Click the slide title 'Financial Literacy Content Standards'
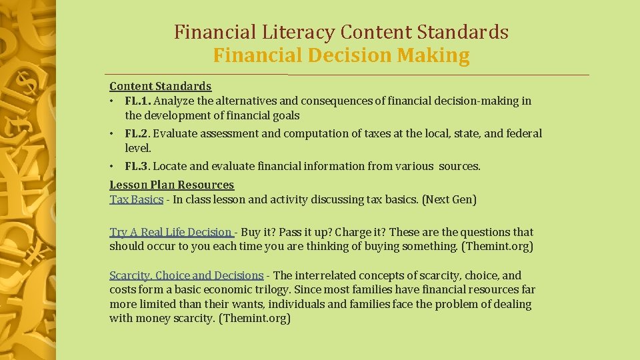pos(341,32)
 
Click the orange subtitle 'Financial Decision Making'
pos(341,55)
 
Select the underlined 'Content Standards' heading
pos(160,86)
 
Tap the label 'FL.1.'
pos(137,101)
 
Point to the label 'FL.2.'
pos(137,133)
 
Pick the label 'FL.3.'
pos(137,166)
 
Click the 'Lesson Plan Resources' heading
pos(171,185)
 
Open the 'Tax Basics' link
pos(136,199)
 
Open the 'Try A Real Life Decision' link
pos(171,232)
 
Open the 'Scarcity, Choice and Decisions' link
pos(186,275)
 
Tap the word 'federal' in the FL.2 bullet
pos(523,133)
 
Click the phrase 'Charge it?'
pos(360,232)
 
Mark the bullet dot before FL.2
pos(113,133)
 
